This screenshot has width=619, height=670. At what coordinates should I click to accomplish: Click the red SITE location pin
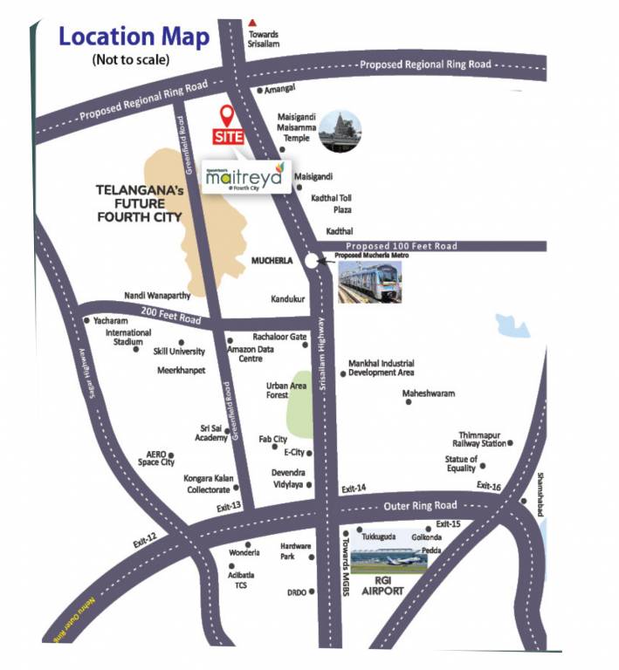click(227, 116)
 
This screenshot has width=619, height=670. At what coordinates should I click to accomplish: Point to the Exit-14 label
click(353, 488)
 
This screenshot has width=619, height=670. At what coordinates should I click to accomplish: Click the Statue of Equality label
click(461, 463)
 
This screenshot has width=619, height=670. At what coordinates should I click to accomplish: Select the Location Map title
click(134, 37)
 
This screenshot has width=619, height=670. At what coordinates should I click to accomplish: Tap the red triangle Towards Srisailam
click(253, 22)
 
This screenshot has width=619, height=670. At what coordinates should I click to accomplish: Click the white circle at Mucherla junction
click(313, 260)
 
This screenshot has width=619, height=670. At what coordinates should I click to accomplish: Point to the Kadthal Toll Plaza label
click(333, 203)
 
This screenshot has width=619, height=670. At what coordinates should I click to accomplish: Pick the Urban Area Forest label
click(277, 390)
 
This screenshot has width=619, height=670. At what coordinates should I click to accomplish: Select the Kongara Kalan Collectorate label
click(207, 484)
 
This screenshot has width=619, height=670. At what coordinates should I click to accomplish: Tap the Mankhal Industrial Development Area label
click(382, 367)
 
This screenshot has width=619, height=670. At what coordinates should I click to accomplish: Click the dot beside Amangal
click(259, 90)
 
